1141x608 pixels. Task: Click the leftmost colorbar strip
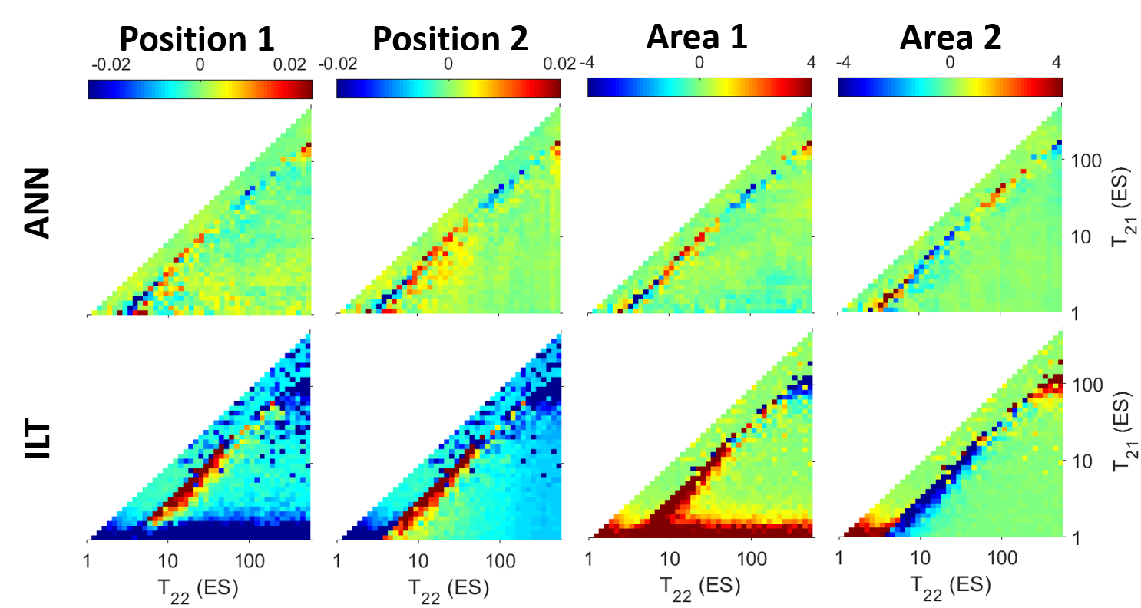click(x=200, y=90)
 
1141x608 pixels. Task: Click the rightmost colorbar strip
click(x=950, y=87)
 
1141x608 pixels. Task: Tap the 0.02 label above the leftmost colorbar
click(x=290, y=66)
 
